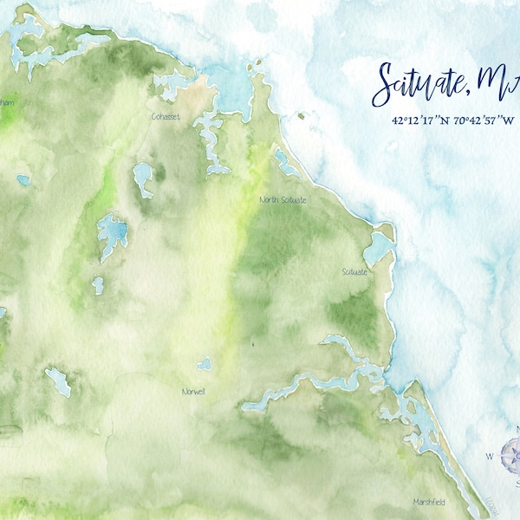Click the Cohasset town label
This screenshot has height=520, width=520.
(166, 116)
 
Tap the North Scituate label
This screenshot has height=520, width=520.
(283, 200)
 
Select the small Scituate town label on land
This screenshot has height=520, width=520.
(354, 272)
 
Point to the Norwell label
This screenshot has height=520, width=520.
(193, 392)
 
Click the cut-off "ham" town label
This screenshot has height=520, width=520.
(7, 103)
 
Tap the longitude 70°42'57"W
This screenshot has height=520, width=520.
(483, 121)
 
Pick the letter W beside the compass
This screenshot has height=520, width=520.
(489, 456)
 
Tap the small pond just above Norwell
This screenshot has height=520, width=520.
(205, 365)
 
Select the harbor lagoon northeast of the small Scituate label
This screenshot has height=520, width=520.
(379, 247)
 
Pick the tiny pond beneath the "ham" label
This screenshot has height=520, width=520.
(23, 180)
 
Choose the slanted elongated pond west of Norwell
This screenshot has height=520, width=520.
(59, 380)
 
